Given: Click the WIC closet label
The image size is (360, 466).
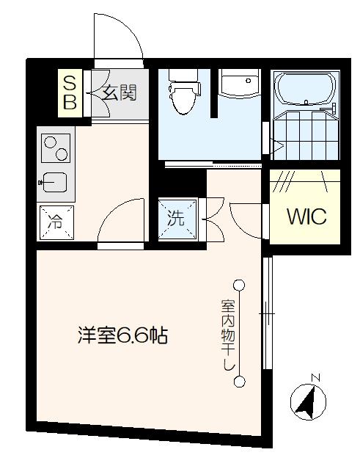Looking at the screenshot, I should (306, 217).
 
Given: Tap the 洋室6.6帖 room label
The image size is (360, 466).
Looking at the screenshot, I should (123, 336).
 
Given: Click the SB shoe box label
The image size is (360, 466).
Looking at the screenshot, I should (70, 92).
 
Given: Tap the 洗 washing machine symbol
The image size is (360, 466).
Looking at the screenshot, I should (177, 218).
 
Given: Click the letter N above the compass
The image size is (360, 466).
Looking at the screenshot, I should (316, 378).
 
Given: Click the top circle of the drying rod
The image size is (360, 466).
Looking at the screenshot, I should (239, 285).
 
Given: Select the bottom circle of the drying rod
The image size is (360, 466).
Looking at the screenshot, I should (239, 381).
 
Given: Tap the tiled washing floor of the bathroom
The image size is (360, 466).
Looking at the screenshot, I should (302, 134).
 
